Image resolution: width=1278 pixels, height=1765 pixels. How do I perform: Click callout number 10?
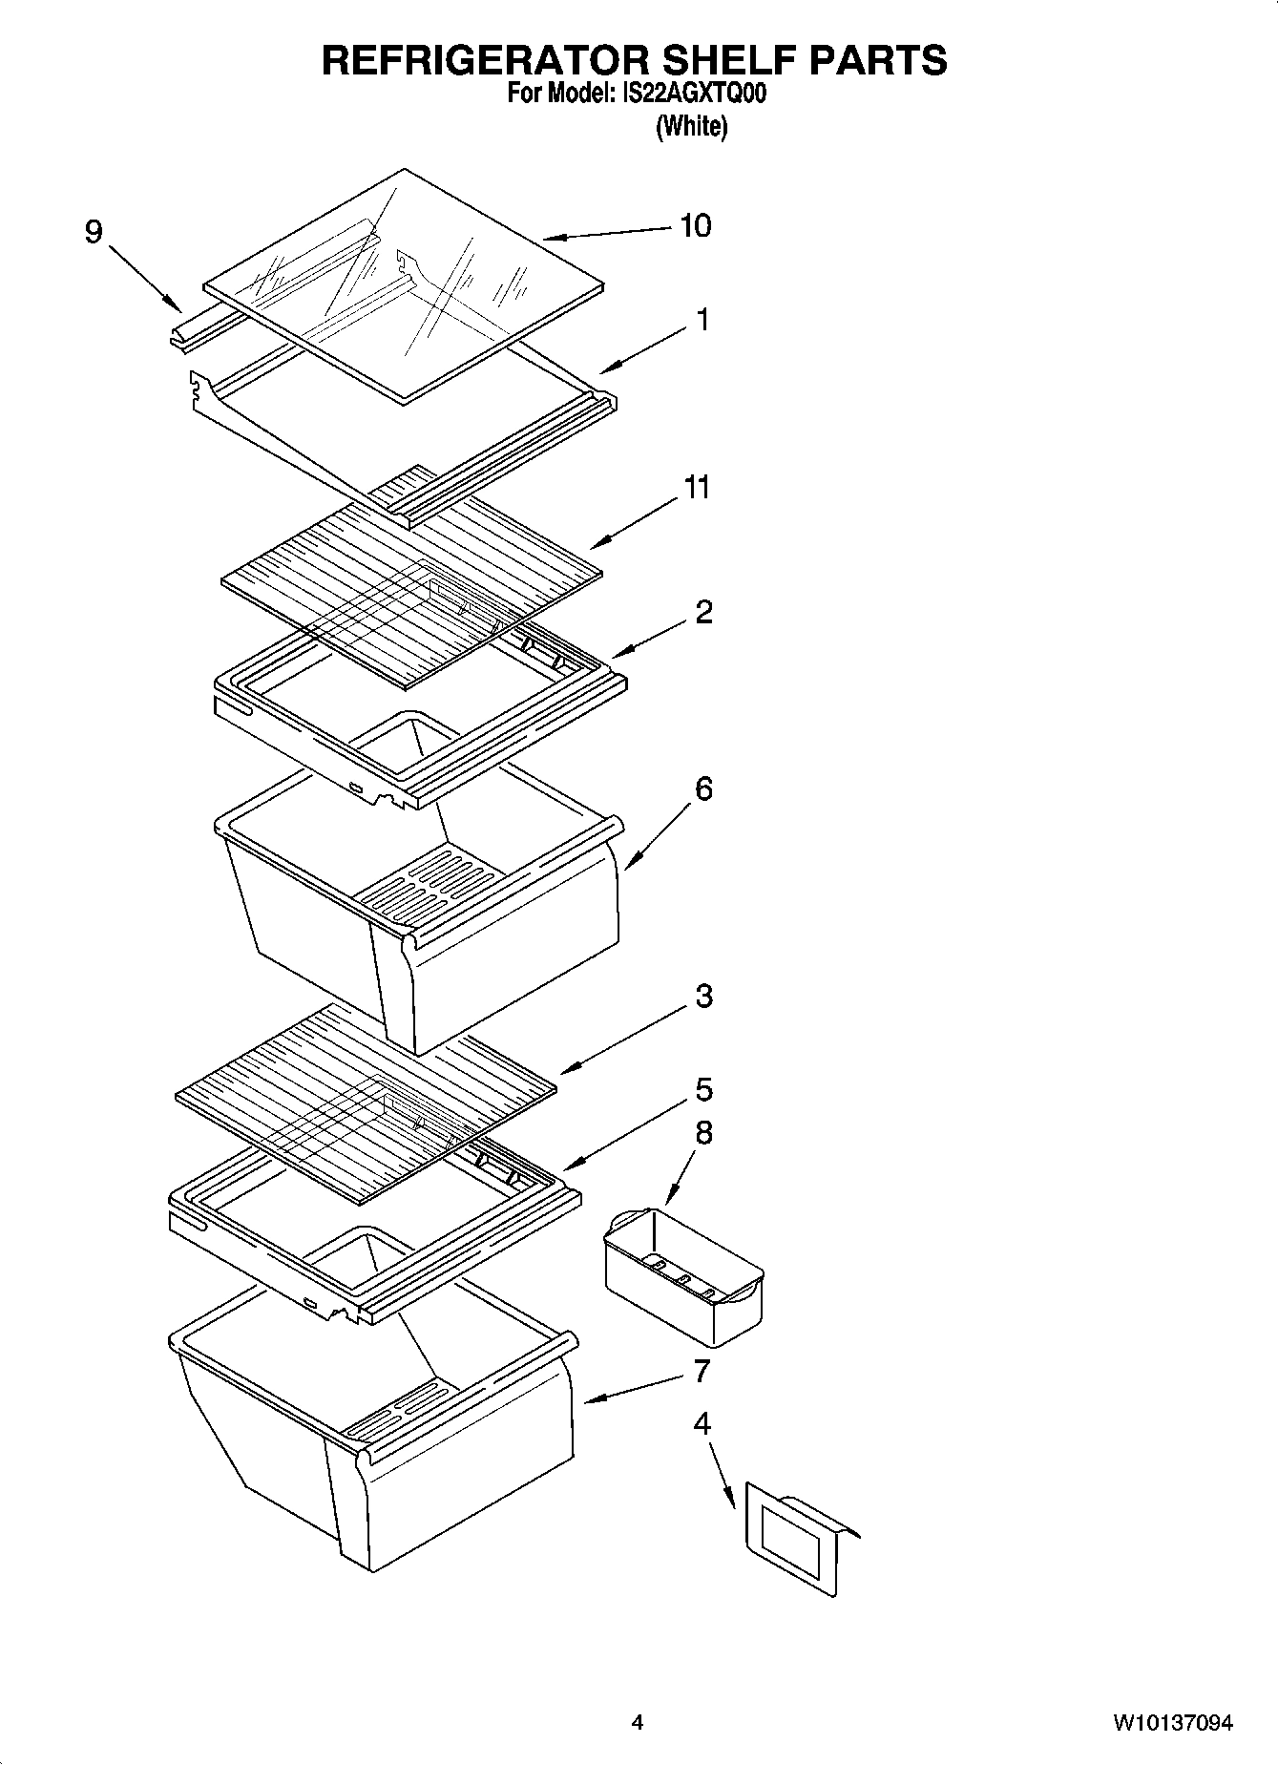(695, 226)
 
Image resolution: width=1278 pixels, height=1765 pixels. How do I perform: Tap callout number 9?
(94, 232)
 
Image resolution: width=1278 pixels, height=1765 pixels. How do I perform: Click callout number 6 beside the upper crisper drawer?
(703, 789)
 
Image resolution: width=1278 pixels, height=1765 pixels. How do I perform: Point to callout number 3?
(703, 997)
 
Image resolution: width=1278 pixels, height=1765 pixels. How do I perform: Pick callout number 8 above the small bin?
(703, 1133)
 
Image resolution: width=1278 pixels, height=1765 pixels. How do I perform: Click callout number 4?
(702, 1424)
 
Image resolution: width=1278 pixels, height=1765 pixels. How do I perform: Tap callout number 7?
(702, 1372)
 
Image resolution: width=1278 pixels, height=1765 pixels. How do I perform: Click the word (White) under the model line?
(691, 126)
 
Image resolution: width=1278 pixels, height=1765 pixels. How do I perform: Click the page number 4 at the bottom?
(637, 1724)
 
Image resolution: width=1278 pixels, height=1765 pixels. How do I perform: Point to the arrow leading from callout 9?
(145, 278)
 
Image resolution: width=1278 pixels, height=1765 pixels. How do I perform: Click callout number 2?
(703, 612)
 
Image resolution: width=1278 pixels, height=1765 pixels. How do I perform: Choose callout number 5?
(703, 1090)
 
